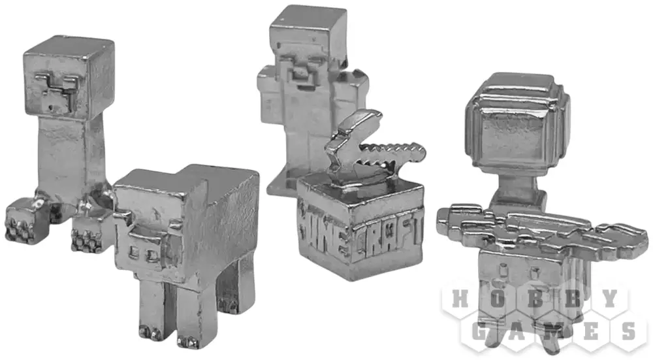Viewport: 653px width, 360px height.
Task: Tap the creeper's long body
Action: pos(67,158)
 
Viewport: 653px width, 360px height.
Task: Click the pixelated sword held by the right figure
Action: pos(541,231)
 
